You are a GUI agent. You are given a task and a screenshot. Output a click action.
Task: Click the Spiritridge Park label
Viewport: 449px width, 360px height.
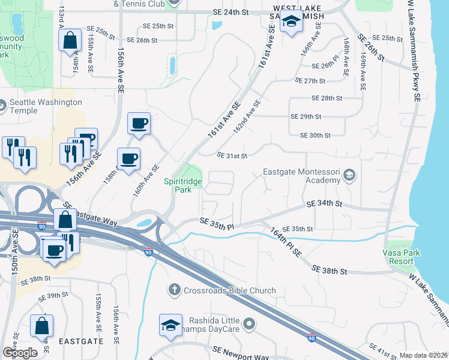184,185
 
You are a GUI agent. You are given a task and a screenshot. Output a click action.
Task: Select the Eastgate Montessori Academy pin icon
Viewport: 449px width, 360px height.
349,176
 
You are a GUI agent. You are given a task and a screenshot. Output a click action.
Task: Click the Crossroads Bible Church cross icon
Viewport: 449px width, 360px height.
174,290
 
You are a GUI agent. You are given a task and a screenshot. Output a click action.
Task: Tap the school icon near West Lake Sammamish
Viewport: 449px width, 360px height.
291,23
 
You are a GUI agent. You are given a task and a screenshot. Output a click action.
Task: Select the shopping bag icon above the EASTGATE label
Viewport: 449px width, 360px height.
42,326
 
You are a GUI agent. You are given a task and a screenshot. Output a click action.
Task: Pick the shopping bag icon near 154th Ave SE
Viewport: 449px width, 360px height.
70,41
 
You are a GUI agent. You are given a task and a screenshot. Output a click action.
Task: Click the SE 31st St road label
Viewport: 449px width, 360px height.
232,156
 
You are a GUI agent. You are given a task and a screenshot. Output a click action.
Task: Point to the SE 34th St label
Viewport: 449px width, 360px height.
324,205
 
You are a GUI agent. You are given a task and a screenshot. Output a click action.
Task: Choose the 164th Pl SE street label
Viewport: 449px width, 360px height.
288,242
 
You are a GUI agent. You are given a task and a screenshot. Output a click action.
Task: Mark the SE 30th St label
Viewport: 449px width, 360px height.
310,136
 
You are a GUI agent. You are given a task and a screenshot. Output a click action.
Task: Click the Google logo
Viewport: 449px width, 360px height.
20,352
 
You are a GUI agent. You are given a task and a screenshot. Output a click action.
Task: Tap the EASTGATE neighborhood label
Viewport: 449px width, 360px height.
81,341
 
